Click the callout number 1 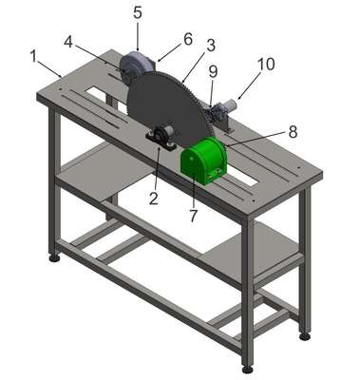[33, 56]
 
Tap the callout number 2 [154, 198]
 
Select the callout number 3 [211, 46]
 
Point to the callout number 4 [68, 42]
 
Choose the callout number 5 [138, 12]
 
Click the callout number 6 [188, 39]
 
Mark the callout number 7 [193, 215]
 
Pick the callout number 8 [293, 131]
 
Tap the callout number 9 [213, 71]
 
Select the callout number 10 [266, 65]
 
